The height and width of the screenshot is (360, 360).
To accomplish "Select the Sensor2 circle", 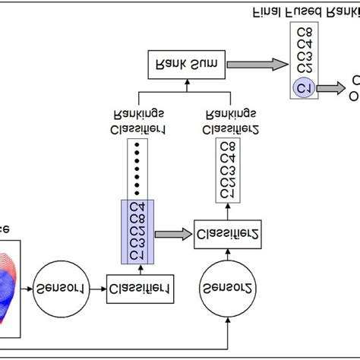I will [226, 288].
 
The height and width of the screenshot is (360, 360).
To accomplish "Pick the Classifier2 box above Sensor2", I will [226, 233].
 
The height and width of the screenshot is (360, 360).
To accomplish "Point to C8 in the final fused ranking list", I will [304, 32].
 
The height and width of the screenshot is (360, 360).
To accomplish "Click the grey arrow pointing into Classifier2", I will [174, 233].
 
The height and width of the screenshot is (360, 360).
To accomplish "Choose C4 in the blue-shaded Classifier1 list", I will [137, 207].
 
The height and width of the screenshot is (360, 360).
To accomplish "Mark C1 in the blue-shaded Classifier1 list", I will [137, 256].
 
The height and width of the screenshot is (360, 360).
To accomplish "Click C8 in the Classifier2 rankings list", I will [226, 147].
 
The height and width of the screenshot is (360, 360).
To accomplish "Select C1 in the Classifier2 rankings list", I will [226, 194].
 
